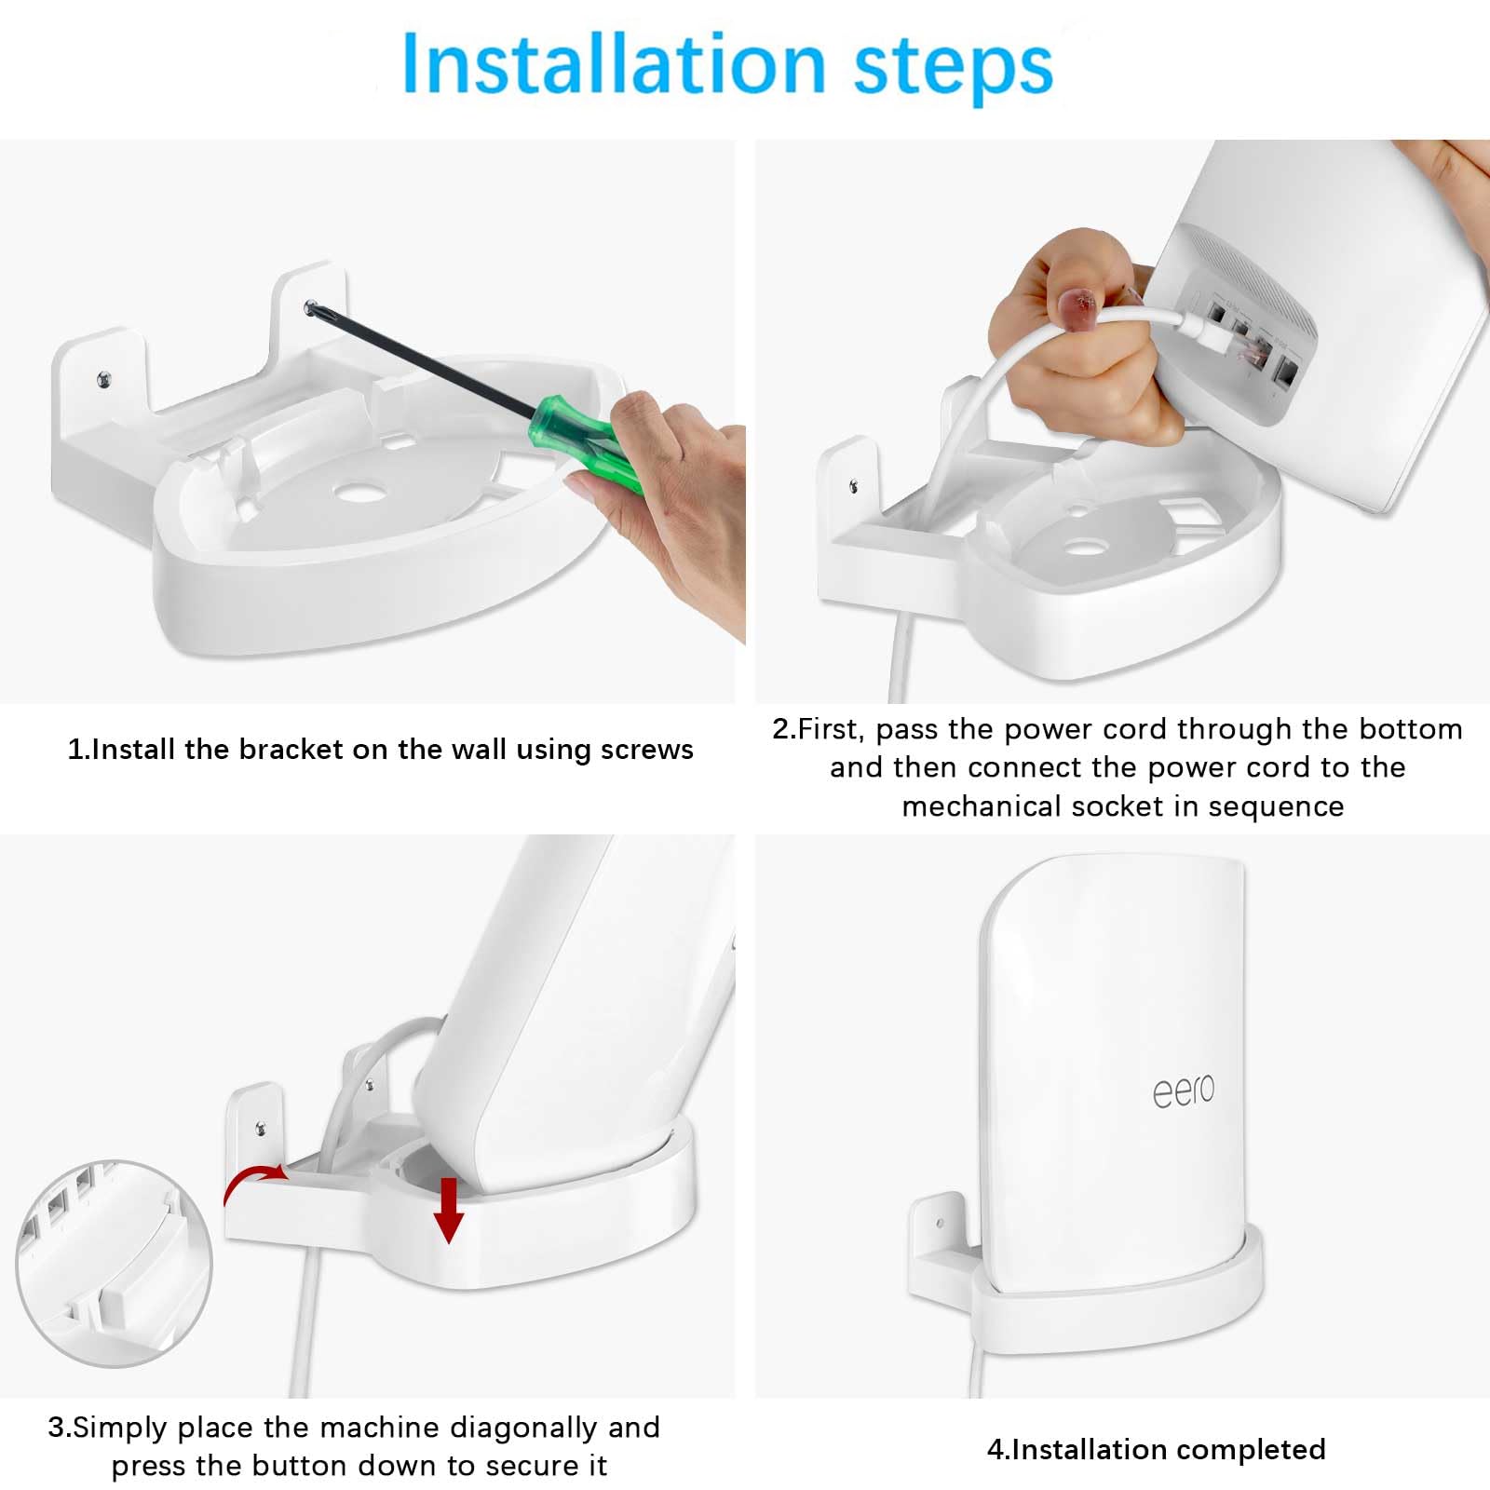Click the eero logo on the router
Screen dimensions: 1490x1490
click(x=1184, y=1090)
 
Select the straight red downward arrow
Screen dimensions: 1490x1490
click(x=449, y=1210)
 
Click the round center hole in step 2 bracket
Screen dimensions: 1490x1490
click(x=1080, y=548)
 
